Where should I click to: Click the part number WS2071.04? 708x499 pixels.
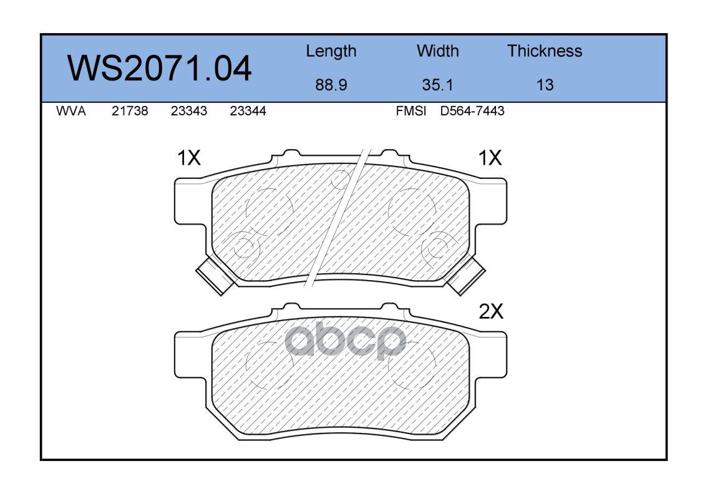(x=159, y=69)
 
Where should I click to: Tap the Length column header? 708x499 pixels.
(x=331, y=52)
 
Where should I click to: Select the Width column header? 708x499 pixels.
(x=437, y=51)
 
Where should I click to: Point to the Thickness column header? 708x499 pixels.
(x=545, y=51)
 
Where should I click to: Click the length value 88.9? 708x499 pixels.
(x=331, y=85)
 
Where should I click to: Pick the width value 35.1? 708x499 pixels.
(x=437, y=85)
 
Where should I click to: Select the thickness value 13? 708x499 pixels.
(x=545, y=85)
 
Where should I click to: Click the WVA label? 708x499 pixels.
(x=71, y=111)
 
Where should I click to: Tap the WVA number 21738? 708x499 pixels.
(x=130, y=111)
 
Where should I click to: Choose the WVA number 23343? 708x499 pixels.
(x=189, y=111)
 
